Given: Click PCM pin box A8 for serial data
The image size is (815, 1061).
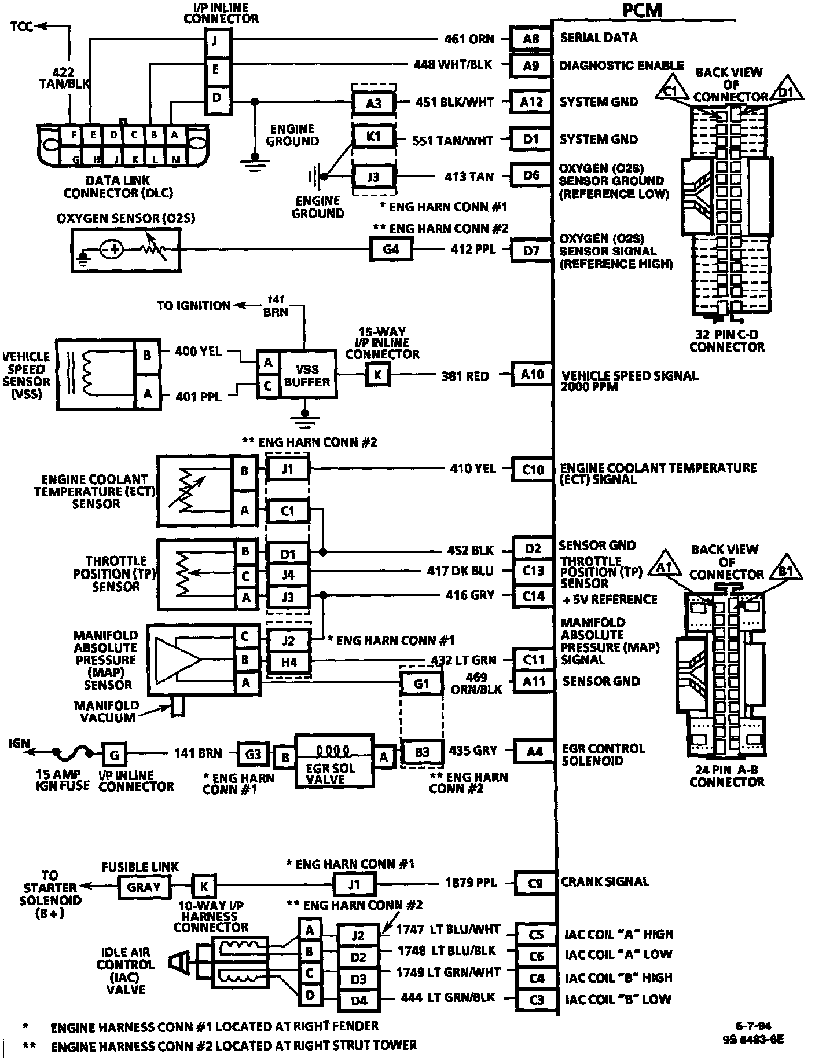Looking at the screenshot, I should (531, 39).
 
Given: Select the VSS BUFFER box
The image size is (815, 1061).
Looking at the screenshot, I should (307, 375).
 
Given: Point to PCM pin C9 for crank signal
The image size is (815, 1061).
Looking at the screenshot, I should (535, 883).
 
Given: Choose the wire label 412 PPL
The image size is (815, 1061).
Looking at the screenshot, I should (473, 250).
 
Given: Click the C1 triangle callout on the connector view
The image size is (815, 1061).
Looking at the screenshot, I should (670, 91).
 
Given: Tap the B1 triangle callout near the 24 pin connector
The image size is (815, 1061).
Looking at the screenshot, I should (785, 571).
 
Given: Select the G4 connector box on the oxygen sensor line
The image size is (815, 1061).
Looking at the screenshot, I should (391, 250).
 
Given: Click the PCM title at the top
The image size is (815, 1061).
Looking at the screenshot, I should (642, 10).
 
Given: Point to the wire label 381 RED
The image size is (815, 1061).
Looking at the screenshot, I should (465, 376).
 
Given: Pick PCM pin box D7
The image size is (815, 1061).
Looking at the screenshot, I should (531, 251).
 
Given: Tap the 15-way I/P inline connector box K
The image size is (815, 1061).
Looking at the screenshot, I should (377, 375).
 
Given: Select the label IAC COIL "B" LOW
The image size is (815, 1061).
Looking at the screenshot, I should (618, 998).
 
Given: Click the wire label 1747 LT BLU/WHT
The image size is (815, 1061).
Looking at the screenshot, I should (448, 930).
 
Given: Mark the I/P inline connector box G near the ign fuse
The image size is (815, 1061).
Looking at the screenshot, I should (114, 755).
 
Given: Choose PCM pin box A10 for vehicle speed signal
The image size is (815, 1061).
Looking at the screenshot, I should (532, 375).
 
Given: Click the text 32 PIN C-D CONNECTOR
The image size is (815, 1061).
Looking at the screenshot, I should (727, 341).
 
